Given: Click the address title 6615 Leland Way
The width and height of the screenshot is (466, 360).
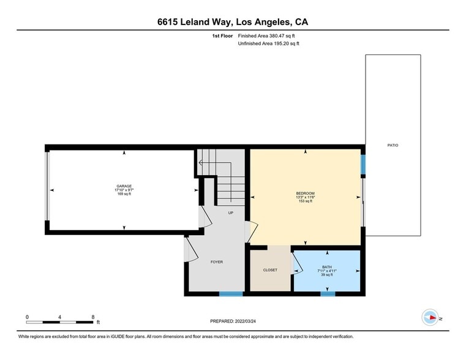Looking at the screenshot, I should point(233,21).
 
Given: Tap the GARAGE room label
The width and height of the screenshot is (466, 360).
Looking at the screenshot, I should point(124,186).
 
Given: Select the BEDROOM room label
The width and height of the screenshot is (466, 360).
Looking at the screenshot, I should point(305,193).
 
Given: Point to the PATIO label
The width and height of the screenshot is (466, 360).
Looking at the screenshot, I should point(393,145).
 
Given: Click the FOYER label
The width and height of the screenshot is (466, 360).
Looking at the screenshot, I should point(217,261).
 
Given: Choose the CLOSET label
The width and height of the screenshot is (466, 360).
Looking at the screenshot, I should point(270,270).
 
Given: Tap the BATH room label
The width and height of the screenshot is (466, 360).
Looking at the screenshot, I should point(328,266).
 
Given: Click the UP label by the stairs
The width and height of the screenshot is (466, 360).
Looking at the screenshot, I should point(231,213).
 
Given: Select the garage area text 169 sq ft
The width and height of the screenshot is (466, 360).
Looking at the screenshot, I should point(124,194).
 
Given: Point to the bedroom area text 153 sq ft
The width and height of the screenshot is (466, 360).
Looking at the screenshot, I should point(305,201).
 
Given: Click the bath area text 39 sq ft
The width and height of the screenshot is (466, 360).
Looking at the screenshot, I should point(328,274).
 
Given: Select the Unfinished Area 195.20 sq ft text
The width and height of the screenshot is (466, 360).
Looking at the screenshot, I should point(269,44).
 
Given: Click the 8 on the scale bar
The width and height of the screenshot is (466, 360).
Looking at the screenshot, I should point(93,317).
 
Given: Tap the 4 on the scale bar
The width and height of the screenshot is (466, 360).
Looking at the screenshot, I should point(60,317).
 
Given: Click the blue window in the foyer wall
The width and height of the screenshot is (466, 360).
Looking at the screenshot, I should point(231,294).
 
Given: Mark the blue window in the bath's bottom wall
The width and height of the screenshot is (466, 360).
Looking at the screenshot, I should point(328,294).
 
